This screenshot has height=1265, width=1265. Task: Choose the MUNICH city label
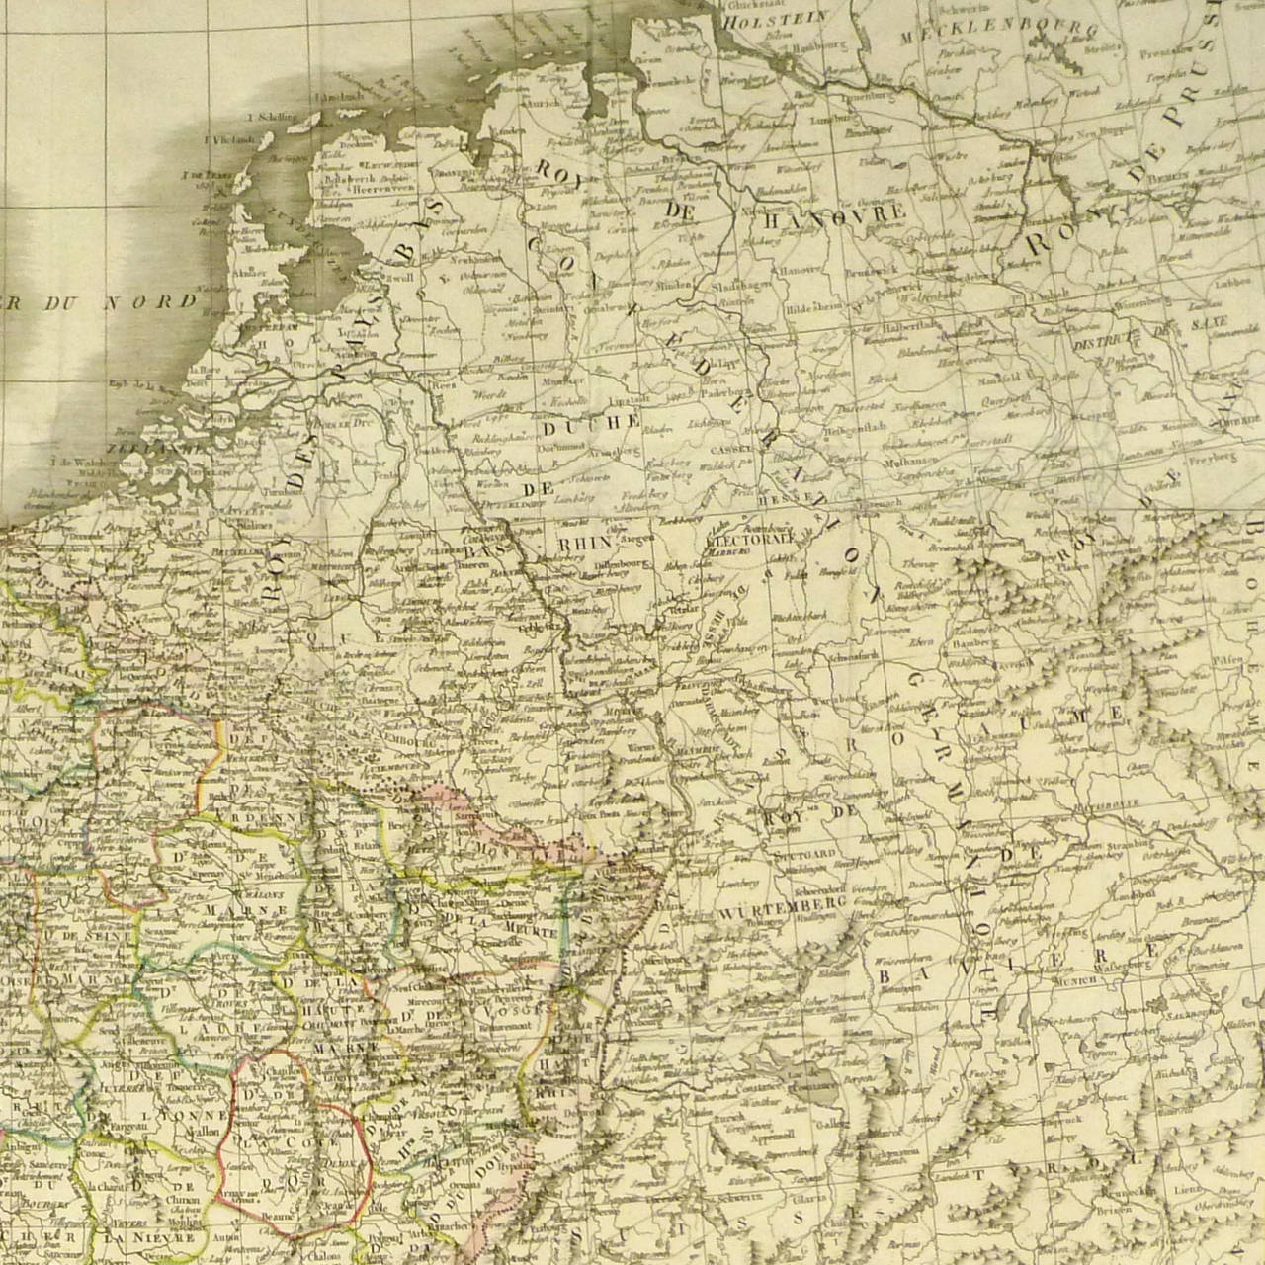(1076, 979)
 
